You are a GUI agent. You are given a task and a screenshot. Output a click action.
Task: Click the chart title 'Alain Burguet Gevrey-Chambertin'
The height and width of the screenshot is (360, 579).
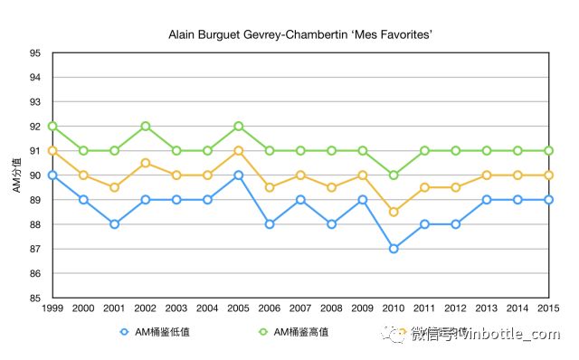point(289,35)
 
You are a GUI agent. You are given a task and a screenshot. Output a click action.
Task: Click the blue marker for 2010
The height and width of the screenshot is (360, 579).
point(393,248)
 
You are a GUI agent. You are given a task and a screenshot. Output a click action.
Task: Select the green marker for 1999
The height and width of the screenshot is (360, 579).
point(52,127)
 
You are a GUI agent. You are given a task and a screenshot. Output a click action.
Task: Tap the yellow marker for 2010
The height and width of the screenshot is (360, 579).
point(393,212)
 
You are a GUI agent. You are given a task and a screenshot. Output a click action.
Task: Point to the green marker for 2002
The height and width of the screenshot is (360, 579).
point(145,127)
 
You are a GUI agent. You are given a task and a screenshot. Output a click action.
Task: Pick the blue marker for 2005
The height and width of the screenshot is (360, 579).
point(238,175)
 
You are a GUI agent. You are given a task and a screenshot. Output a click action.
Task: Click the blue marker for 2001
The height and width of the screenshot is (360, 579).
point(114,223)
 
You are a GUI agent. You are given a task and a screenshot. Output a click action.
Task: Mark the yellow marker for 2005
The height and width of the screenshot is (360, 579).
point(238,151)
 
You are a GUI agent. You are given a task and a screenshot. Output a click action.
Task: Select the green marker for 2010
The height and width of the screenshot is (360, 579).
point(393,175)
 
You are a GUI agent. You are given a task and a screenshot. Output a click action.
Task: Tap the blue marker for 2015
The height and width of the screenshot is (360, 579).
point(547,199)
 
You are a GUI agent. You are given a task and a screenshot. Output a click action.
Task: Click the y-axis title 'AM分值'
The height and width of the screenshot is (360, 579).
point(15,175)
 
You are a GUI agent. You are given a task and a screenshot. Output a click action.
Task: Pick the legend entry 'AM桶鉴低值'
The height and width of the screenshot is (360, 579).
point(156,332)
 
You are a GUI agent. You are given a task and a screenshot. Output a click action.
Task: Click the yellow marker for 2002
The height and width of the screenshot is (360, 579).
point(145,163)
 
